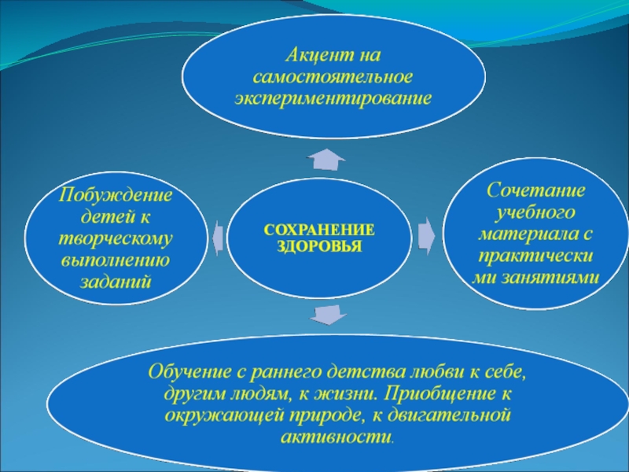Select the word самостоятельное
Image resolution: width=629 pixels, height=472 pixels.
tap(333, 79)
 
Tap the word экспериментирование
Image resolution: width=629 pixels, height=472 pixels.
tap(333, 100)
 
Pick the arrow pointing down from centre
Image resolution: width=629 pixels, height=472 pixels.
tap(326, 315)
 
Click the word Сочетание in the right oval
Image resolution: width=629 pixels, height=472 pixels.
tap(535, 191)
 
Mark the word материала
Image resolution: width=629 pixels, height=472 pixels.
tap(527, 234)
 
